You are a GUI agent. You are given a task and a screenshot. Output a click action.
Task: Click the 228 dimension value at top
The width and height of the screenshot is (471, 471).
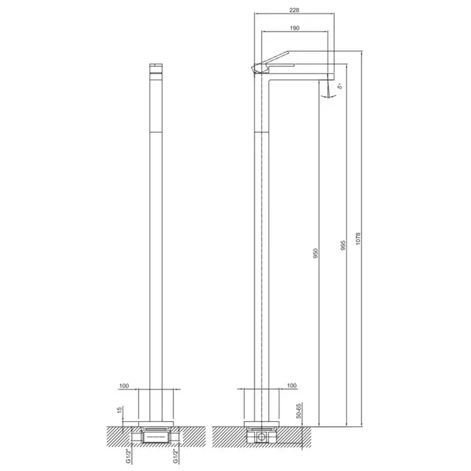pos(294,10)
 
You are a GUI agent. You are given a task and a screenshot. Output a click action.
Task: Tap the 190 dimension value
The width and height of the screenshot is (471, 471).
pos(295,28)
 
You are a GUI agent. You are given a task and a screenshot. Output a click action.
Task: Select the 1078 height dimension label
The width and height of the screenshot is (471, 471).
pos(357,238)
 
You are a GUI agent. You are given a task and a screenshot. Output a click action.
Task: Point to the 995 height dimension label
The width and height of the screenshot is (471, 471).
pos(343,246)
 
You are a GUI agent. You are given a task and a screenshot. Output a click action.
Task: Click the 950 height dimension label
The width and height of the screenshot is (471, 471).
pos(315,253)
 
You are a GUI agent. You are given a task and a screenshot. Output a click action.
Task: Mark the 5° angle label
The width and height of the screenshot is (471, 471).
pos(340,86)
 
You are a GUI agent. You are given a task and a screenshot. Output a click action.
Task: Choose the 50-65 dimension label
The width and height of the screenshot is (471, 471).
pos(299,410)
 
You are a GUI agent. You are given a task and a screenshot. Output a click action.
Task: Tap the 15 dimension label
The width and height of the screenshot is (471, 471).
pos(119,410)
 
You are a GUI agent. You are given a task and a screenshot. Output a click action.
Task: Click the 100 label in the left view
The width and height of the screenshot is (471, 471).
pos(124,386)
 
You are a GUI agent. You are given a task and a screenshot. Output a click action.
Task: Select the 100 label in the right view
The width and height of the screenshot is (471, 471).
pos(291,386)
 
